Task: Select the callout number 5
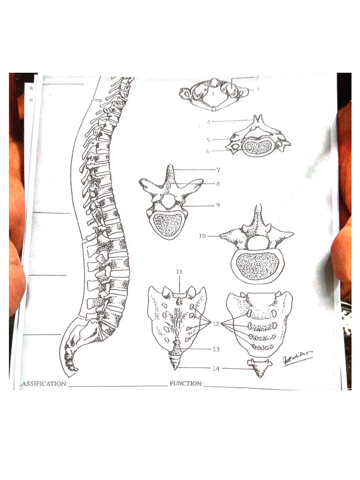click(x=208, y=140)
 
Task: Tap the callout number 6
click(x=208, y=151)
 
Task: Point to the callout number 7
click(x=218, y=169)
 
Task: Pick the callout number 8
click(x=218, y=184)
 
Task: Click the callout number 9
click(x=218, y=205)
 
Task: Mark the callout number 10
click(x=202, y=236)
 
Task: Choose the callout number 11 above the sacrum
click(x=179, y=272)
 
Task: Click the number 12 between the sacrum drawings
click(x=216, y=324)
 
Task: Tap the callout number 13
click(x=216, y=349)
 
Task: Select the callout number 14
click(x=215, y=368)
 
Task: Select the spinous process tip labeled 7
click(x=170, y=166)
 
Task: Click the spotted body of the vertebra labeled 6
click(x=257, y=147)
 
